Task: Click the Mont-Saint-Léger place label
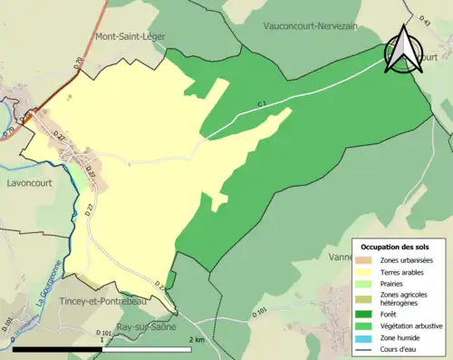click(x=134, y=37)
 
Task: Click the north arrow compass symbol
click(x=401, y=51)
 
